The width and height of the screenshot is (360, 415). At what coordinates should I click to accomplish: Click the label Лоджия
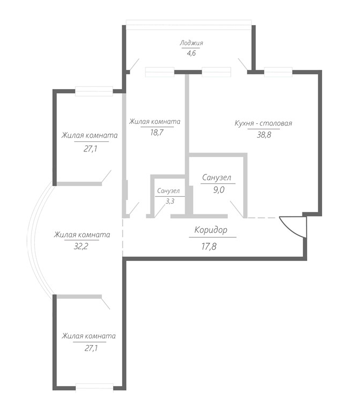(191, 43)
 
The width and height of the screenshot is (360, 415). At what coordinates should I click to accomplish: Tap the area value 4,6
(191, 53)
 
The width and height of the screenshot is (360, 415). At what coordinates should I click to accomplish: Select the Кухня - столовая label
(263, 123)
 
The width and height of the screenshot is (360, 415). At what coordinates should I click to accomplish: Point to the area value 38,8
(264, 135)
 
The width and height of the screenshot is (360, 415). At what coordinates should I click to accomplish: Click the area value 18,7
(157, 132)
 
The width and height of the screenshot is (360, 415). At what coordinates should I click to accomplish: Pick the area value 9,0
(219, 190)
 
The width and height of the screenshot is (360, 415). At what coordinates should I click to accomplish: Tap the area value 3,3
(170, 202)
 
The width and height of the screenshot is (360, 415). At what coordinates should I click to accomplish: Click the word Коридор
(211, 230)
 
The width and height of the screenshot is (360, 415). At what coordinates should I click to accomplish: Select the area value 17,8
(209, 246)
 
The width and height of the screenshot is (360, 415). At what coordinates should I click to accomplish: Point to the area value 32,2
(81, 246)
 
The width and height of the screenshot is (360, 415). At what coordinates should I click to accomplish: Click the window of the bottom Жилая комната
(94, 387)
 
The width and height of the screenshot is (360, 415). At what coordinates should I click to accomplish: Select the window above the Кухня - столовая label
(278, 72)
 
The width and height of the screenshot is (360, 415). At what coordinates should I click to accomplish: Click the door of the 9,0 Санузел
(237, 209)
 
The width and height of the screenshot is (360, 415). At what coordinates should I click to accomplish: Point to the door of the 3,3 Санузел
(160, 210)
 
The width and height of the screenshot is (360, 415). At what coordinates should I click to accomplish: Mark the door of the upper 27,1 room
(106, 176)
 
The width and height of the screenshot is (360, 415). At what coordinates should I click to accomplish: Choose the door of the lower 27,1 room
(106, 302)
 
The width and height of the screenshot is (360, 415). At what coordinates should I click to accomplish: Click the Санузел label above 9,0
(217, 178)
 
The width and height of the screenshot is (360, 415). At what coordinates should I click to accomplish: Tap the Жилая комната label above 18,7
(155, 122)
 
